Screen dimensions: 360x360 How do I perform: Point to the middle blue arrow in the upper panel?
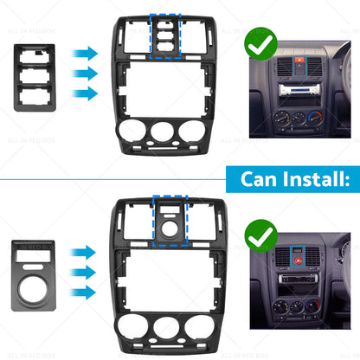(86, 74)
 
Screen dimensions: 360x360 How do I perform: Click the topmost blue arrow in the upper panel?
(86, 54)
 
